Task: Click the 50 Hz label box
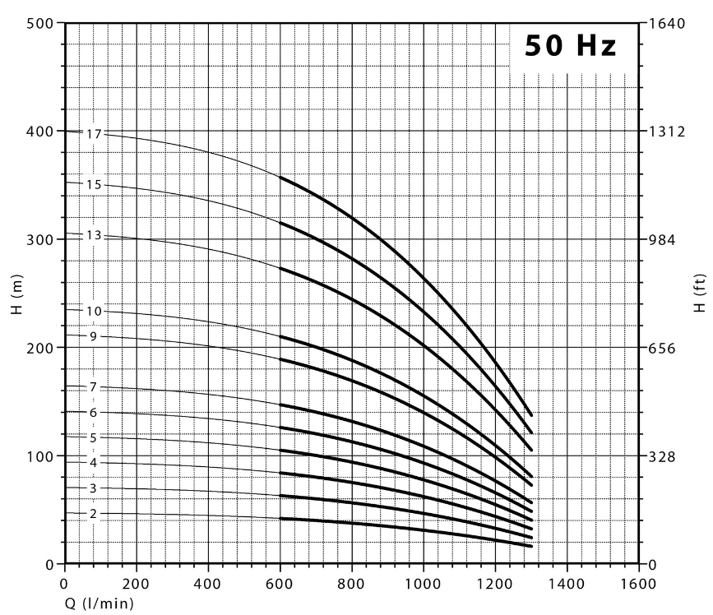(571, 46)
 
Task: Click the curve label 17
(93, 133)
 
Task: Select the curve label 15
(93, 185)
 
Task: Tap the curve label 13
(93, 236)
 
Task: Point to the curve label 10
(93, 312)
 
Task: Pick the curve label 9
(93, 336)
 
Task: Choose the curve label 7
(93, 387)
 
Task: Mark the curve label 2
(93, 514)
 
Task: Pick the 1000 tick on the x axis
(423, 584)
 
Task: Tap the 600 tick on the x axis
(280, 584)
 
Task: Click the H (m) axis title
(16, 293)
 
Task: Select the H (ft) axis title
(699, 293)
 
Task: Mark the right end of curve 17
(531, 415)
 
